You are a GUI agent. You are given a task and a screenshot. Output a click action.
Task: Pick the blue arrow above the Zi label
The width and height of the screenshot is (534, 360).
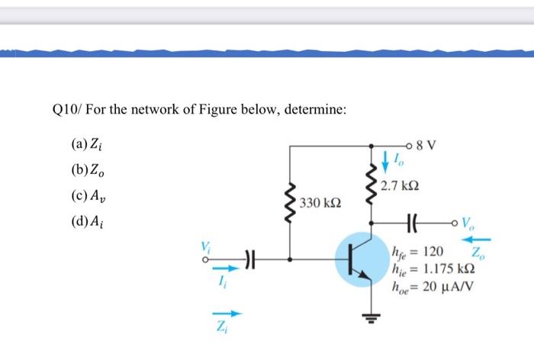pos(230,313)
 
